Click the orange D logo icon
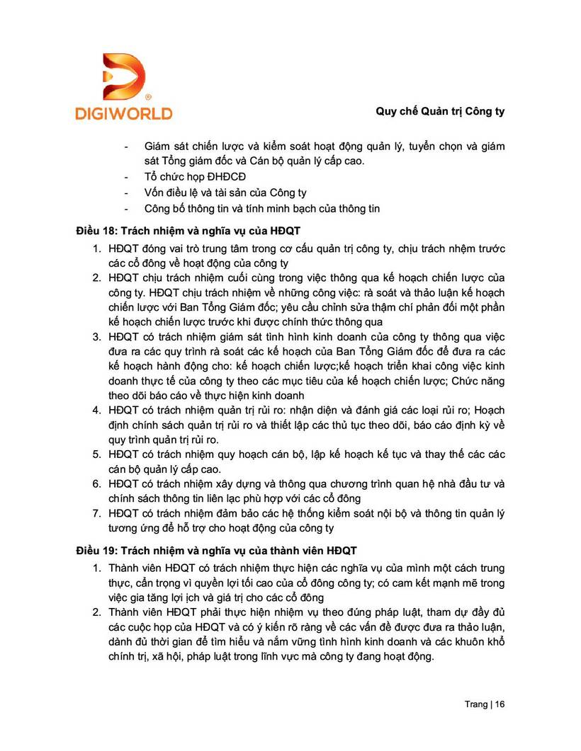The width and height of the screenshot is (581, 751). [124, 76]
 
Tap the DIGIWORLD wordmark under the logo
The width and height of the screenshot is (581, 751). [124, 112]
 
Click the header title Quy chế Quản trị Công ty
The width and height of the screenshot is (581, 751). [439, 112]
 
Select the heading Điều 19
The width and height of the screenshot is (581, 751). [217, 550]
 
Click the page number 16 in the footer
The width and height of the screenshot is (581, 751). [500, 704]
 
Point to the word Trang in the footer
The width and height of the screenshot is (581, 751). [475, 704]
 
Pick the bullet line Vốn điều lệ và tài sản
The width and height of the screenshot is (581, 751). [225, 193]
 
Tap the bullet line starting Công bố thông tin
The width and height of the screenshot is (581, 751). [262, 208]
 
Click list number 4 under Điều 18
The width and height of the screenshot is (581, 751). [96, 411]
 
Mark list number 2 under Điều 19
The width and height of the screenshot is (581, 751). [96, 612]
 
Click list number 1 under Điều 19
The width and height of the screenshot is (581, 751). [96, 568]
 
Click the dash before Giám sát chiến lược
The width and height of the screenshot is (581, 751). [126, 147]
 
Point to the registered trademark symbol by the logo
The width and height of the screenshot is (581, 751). [147, 96]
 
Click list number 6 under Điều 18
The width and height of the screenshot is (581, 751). [96, 484]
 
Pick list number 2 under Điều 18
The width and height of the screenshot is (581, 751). [96, 277]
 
